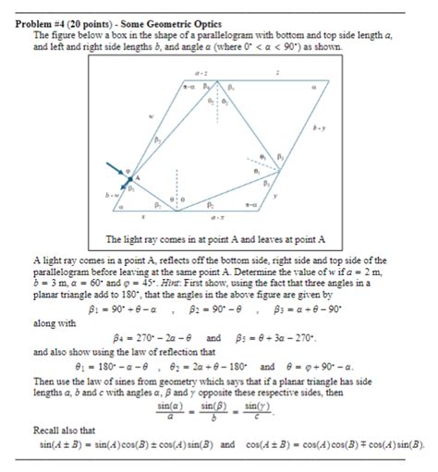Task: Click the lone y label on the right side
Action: pyautogui.click(x=274, y=194)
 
